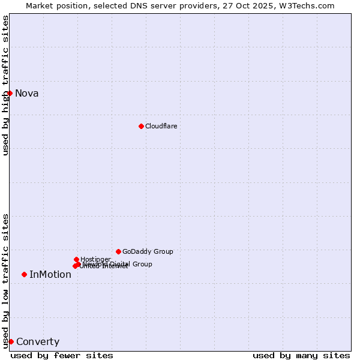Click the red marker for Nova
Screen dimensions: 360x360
(x=10, y=93)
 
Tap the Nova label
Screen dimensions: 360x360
(x=26, y=93)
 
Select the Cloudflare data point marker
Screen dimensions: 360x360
(x=141, y=126)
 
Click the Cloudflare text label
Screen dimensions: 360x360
(x=161, y=126)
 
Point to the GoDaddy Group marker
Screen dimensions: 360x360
(x=118, y=251)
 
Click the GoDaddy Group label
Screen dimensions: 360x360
(x=148, y=251)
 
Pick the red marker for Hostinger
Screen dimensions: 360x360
(x=76, y=259)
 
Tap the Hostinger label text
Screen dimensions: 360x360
(x=95, y=259)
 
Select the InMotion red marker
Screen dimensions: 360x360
(x=24, y=274)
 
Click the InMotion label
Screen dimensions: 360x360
(x=50, y=275)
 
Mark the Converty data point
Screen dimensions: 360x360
(x=11, y=341)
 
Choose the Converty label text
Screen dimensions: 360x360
(x=38, y=342)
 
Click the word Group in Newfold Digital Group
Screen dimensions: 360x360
(x=142, y=264)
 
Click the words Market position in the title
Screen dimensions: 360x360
(x=53, y=5)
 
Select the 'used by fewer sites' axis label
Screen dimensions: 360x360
(x=62, y=355)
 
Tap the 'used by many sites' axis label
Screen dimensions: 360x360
(x=301, y=355)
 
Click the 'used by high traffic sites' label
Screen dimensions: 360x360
(x=5, y=85)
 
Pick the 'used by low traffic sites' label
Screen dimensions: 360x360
(x=5, y=280)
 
